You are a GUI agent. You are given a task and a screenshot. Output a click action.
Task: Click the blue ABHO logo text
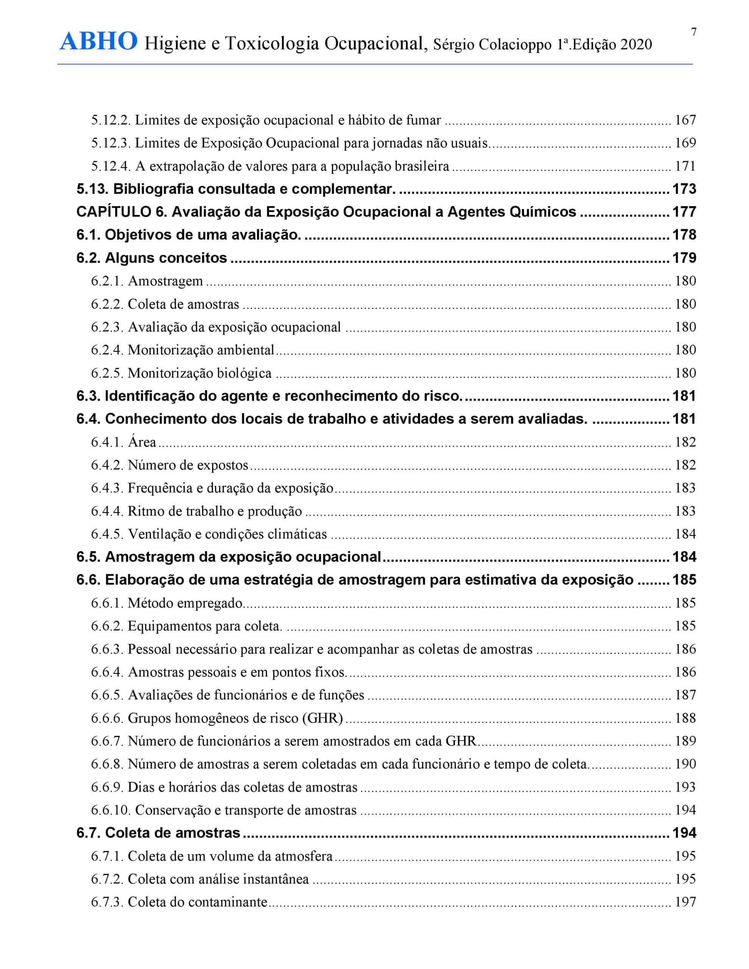tap(98, 42)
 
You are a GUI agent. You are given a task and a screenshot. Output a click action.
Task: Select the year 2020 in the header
tap(636, 45)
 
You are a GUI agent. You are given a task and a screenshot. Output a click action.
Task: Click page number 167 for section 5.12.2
tap(685, 120)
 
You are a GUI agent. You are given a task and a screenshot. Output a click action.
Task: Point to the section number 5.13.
tap(92, 189)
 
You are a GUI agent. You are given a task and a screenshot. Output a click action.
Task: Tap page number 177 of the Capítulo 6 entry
tap(684, 212)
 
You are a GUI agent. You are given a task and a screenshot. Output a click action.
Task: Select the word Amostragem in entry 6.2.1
tap(165, 281)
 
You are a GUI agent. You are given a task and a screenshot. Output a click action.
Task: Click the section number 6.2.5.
tap(107, 373)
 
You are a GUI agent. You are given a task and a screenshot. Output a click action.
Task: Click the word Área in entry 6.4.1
tap(142, 442)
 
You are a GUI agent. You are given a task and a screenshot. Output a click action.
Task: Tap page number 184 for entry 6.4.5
tap(685, 534)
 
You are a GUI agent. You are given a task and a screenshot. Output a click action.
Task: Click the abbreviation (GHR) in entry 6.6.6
tap(322, 718)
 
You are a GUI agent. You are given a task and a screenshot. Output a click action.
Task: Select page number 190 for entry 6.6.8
tap(685, 764)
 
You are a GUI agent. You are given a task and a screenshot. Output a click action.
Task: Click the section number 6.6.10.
tap(111, 810)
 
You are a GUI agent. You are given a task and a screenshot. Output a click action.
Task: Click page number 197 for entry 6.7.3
tap(685, 902)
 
